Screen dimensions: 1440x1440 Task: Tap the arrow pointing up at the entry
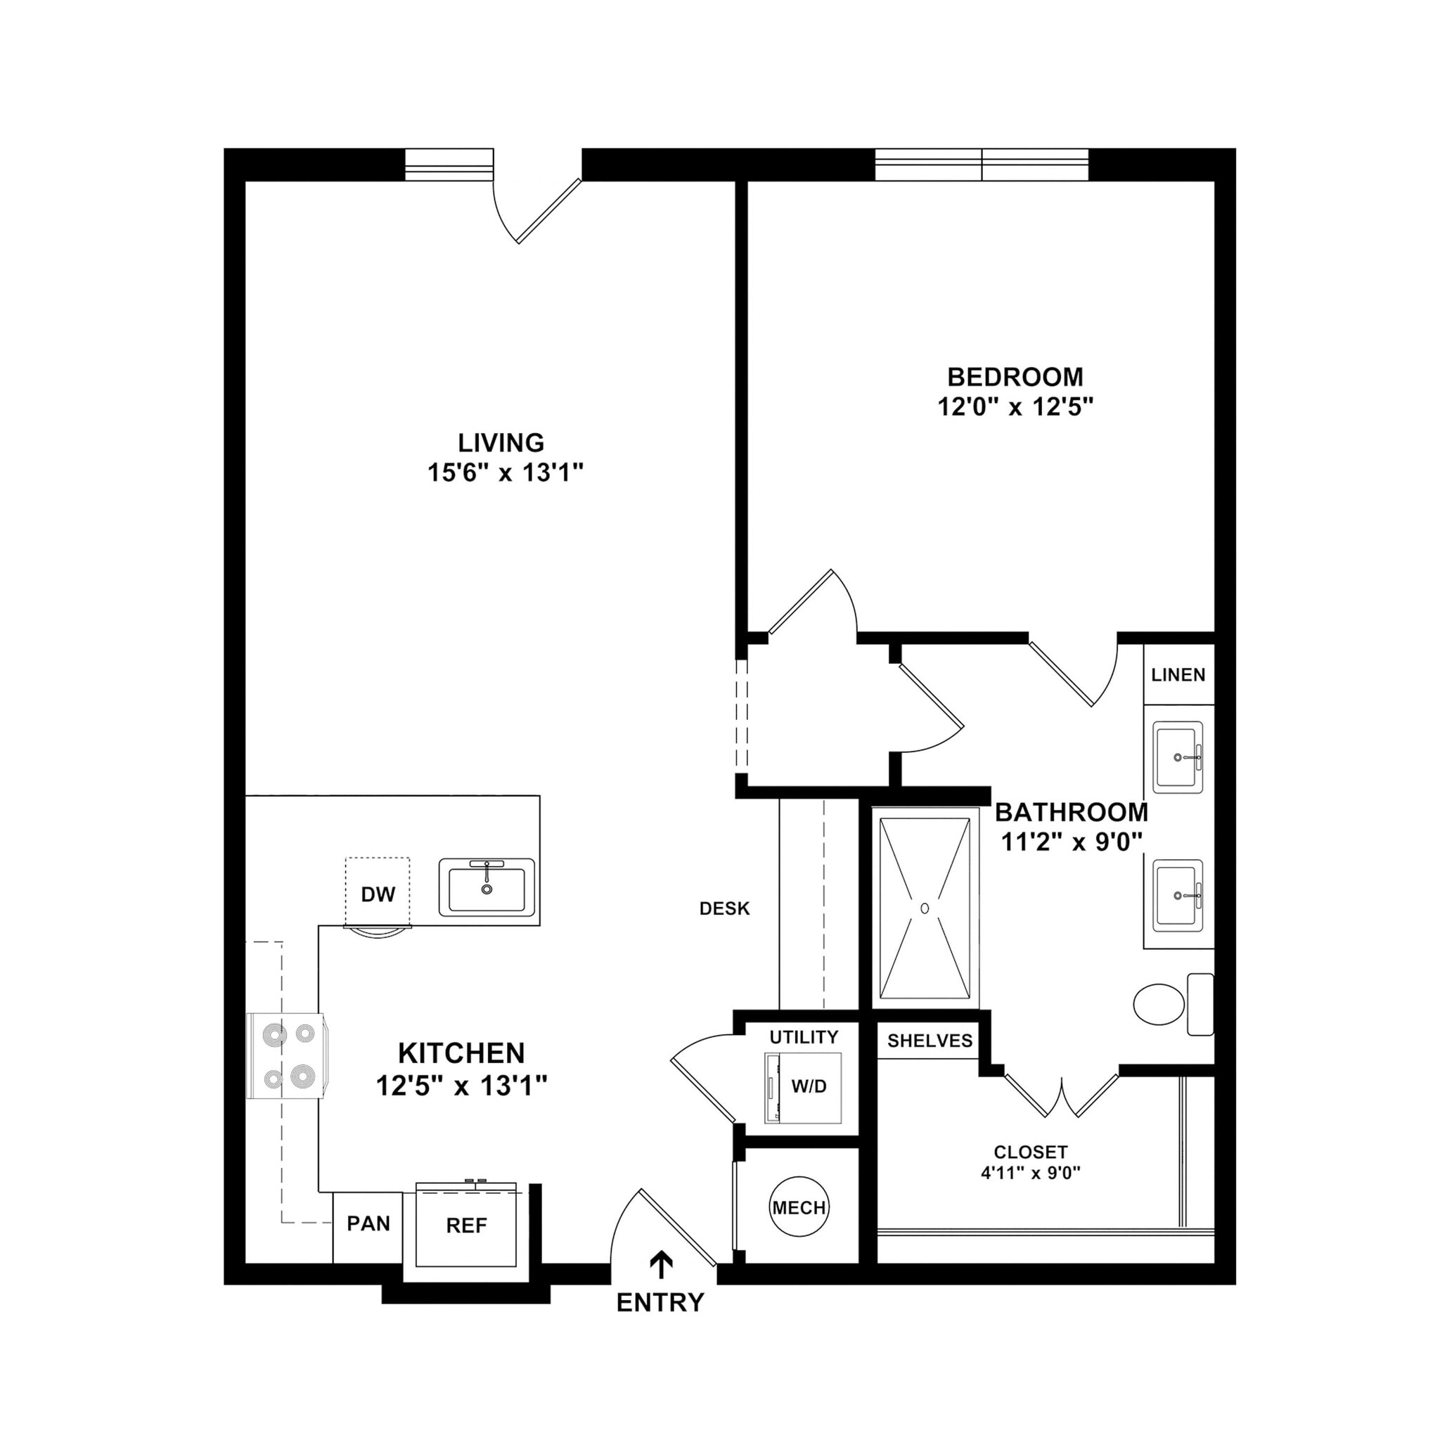[661, 1265]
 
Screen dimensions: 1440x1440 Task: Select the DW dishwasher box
[377, 892]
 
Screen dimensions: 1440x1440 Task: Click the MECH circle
[798, 1207]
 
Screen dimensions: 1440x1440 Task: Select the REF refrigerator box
[467, 1226]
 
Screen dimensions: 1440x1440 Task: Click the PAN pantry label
[368, 1223]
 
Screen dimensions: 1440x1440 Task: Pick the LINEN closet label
[1178, 674]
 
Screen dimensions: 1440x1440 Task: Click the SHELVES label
[930, 1041]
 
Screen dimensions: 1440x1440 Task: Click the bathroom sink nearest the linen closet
[1178, 757]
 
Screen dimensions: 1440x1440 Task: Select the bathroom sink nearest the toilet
[1178, 895]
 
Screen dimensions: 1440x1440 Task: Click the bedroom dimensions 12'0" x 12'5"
[1015, 407]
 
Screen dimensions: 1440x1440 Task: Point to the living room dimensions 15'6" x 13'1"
[505, 472]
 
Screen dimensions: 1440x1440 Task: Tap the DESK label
[724, 908]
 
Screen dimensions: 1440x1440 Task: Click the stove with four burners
[286, 1055]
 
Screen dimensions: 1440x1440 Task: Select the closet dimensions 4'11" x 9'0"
[1030, 1172]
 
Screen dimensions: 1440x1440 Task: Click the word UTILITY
[804, 1037]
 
